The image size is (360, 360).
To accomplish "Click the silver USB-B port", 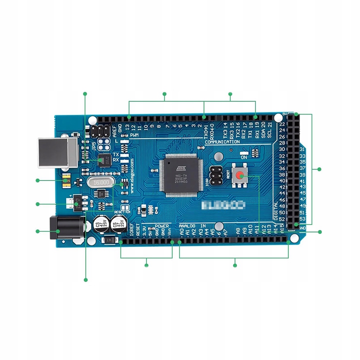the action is click(x=58, y=153).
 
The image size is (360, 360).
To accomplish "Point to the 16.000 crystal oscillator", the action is click(x=100, y=183).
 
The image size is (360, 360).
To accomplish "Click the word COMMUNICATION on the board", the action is click(x=222, y=142).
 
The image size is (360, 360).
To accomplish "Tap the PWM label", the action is click(x=134, y=135).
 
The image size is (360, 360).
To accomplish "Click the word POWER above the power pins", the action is click(x=162, y=226).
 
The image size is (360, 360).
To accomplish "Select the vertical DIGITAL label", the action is click(x=276, y=211).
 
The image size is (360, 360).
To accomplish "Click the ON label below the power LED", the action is click(x=244, y=157).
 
